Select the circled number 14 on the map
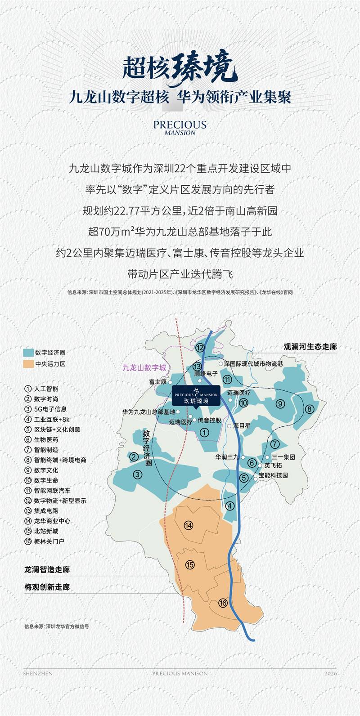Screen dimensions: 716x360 [x=189, y=526]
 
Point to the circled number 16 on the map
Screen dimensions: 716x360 [x=223, y=603]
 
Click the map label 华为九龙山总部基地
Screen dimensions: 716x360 [x=148, y=412]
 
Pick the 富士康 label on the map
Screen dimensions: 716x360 [x=158, y=382]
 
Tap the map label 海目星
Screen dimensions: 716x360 [x=242, y=425]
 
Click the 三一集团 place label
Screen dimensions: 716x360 [x=283, y=457]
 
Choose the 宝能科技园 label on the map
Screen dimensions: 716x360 [x=273, y=475]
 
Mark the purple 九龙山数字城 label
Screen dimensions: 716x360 [x=144, y=367]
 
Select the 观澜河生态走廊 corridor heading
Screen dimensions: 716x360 [x=310, y=347]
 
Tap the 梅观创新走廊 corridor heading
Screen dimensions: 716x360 [x=47, y=587]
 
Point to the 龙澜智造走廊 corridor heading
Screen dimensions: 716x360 [x=47, y=569]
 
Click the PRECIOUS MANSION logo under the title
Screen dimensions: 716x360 [x=180, y=127]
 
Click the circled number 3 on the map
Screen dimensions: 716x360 [x=138, y=474]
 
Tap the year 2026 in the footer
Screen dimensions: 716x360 [x=330, y=673]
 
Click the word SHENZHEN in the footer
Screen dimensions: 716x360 [x=38, y=673]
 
